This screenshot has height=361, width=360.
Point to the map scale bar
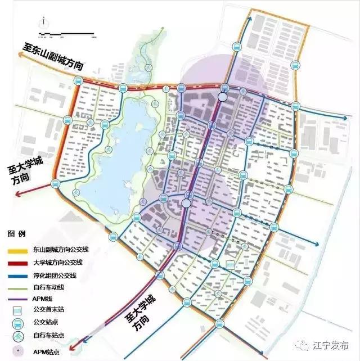coord(67,37)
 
